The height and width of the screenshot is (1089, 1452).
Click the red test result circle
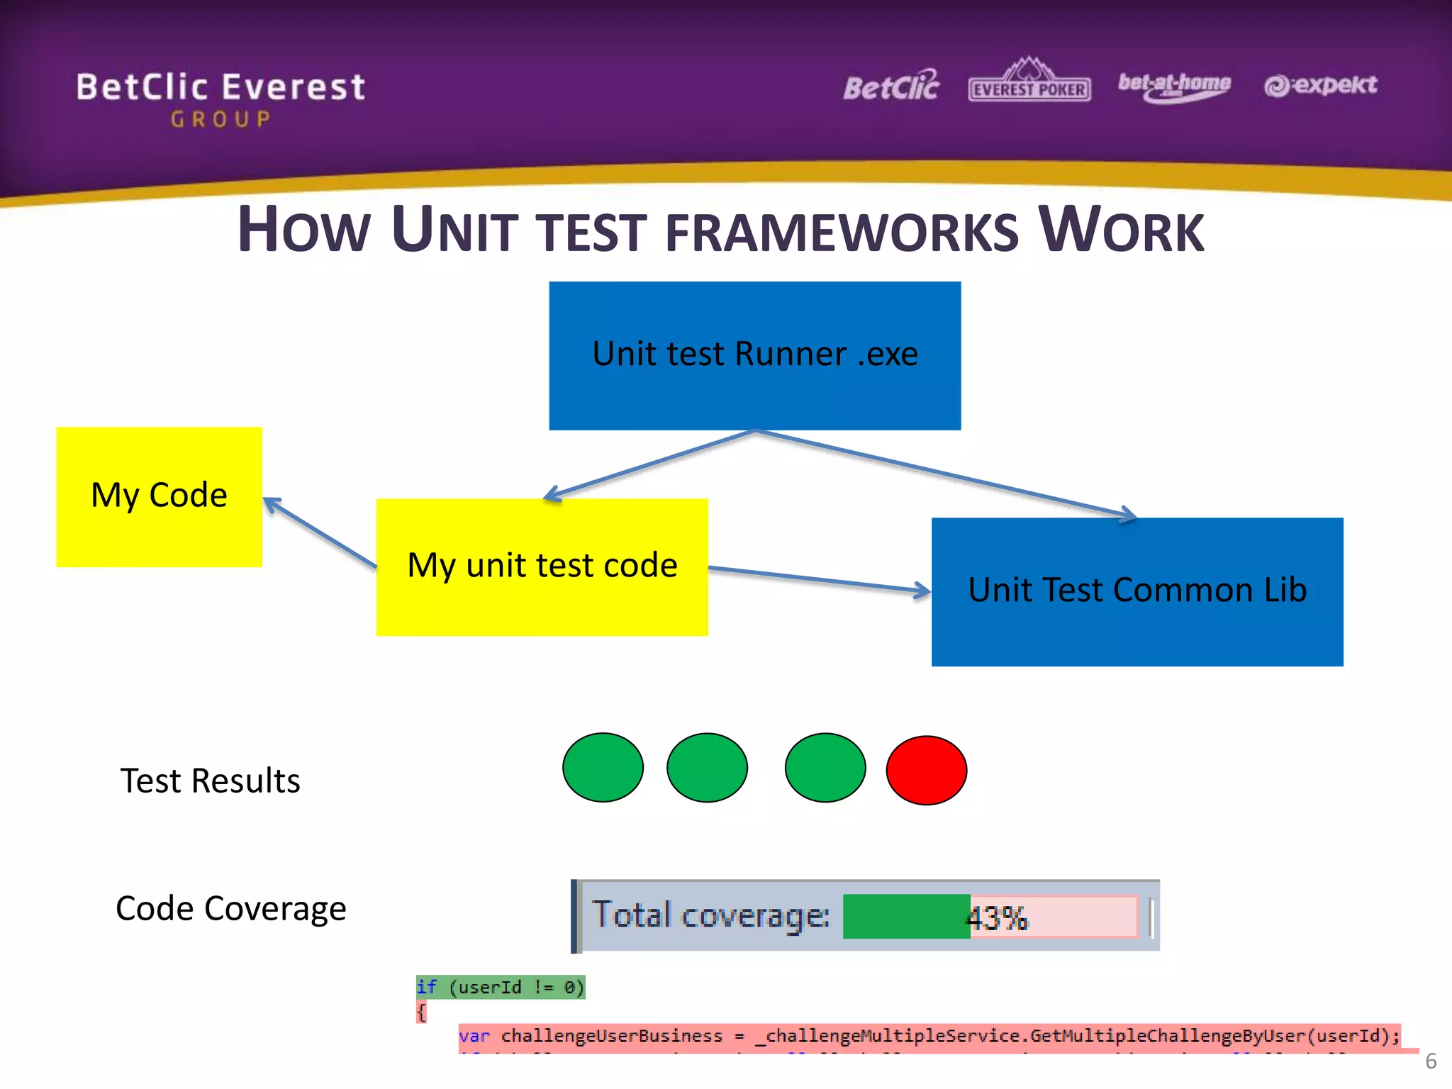pos(926,770)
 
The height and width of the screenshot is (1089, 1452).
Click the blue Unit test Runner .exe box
pos(754,355)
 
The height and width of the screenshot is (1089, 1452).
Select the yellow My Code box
pos(159,496)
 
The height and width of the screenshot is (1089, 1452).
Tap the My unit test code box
pos(542,566)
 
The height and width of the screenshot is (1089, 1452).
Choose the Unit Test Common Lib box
pos(1137,591)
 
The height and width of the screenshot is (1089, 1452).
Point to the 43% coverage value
pos(997,918)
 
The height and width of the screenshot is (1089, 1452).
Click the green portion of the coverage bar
pos(905,916)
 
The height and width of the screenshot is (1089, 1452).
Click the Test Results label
pos(210,781)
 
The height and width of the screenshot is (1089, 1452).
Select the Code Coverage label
pos(230,908)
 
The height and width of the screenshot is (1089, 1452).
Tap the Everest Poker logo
pos(1029,82)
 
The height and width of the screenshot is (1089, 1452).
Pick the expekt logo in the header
pos(1320,85)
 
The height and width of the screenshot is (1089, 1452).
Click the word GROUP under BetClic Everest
pos(220,119)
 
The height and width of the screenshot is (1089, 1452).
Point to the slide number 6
pos(1431,1061)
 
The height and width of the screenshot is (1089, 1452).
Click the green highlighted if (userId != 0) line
pos(500,987)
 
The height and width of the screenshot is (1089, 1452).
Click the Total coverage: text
pos(710,915)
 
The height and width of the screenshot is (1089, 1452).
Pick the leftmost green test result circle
pos(603,768)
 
